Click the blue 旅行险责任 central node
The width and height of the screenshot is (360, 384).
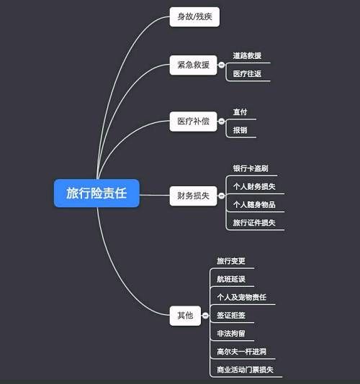click(96, 193)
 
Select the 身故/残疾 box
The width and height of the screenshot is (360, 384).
click(194, 17)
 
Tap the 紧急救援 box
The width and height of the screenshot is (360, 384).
click(193, 65)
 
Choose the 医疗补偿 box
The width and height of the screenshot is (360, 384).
click(193, 122)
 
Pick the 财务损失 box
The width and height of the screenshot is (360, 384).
click(193, 196)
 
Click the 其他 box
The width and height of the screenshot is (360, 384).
click(185, 316)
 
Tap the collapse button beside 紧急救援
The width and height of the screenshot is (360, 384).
click(222, 65)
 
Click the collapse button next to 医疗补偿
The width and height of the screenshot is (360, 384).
click(222, 122)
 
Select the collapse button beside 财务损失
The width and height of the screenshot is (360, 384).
click(222, 196)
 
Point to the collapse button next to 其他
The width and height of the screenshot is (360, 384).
click(205, 316)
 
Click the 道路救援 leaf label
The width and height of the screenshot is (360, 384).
click(247, 56)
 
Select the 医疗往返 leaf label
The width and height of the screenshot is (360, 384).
click(247, 74)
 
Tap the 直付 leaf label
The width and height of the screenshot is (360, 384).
click(240, 112)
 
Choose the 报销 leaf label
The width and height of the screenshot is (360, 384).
click(240, 130)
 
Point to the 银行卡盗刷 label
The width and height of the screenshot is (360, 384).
click(251, 168)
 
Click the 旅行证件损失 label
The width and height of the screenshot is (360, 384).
click(254, 223)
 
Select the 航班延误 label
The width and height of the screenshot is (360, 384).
click(231, 279)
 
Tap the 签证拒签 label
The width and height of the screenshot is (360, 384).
click(231, 316)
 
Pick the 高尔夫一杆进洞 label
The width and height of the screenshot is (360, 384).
click(241, 352)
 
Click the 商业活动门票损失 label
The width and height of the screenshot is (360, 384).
click(245, 370)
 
